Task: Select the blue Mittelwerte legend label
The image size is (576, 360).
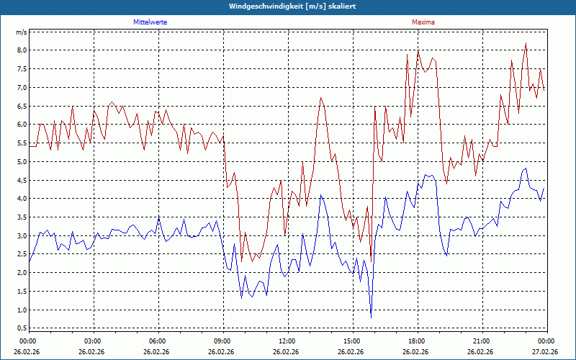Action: [150, 22]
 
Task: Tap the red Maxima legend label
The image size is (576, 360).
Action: [423, 22]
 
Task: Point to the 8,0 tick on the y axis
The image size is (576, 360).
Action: [22, 50]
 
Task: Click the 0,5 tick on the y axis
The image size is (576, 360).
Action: [22, 328]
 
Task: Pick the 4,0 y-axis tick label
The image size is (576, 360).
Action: [22, 199]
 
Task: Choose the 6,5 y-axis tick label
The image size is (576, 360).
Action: [22, 106]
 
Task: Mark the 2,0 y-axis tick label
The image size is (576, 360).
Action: [22, 273]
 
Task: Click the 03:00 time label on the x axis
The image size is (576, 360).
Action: [93, 341]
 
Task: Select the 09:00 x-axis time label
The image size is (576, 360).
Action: [222, 341]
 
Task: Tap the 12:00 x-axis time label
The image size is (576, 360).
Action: [287, 341]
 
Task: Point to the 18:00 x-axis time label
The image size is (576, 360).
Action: [417, 341]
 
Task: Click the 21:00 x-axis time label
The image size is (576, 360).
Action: [482, 341]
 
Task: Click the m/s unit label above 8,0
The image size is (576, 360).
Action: [22, 32]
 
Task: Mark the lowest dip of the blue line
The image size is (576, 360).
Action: [372, 317]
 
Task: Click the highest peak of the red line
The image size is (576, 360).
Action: [526, 43]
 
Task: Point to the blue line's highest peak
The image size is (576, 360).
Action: [526, 168]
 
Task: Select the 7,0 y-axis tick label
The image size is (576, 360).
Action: [22, 88]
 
